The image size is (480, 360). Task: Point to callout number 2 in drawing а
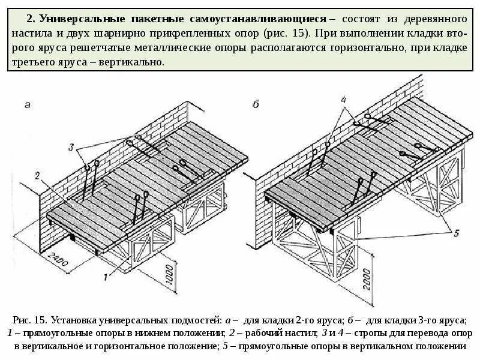coord(37,176)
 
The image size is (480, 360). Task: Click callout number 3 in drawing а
coord(71,146)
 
